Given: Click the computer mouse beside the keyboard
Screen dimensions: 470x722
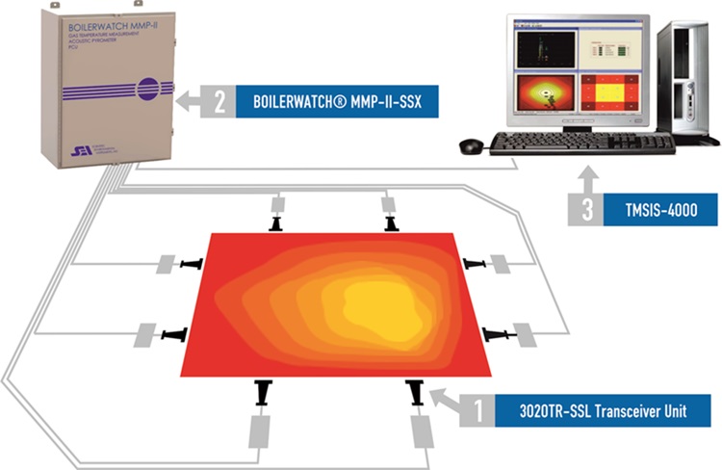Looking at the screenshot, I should [471, 145].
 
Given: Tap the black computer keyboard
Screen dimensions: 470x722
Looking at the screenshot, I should [581, 144].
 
